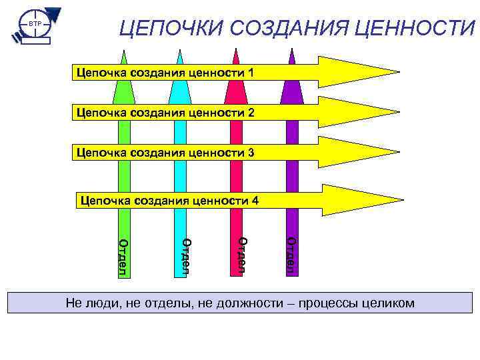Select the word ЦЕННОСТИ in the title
click(x=411, y=29)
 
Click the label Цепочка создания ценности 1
click(x=165, y=71)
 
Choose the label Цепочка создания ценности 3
click(x=165, y=153)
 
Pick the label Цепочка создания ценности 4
click(x=169, y=199)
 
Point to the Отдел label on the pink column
click(x=243, y=255)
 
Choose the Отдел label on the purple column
click(x=291, y=255)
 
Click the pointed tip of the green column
click(x=123, y=52)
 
